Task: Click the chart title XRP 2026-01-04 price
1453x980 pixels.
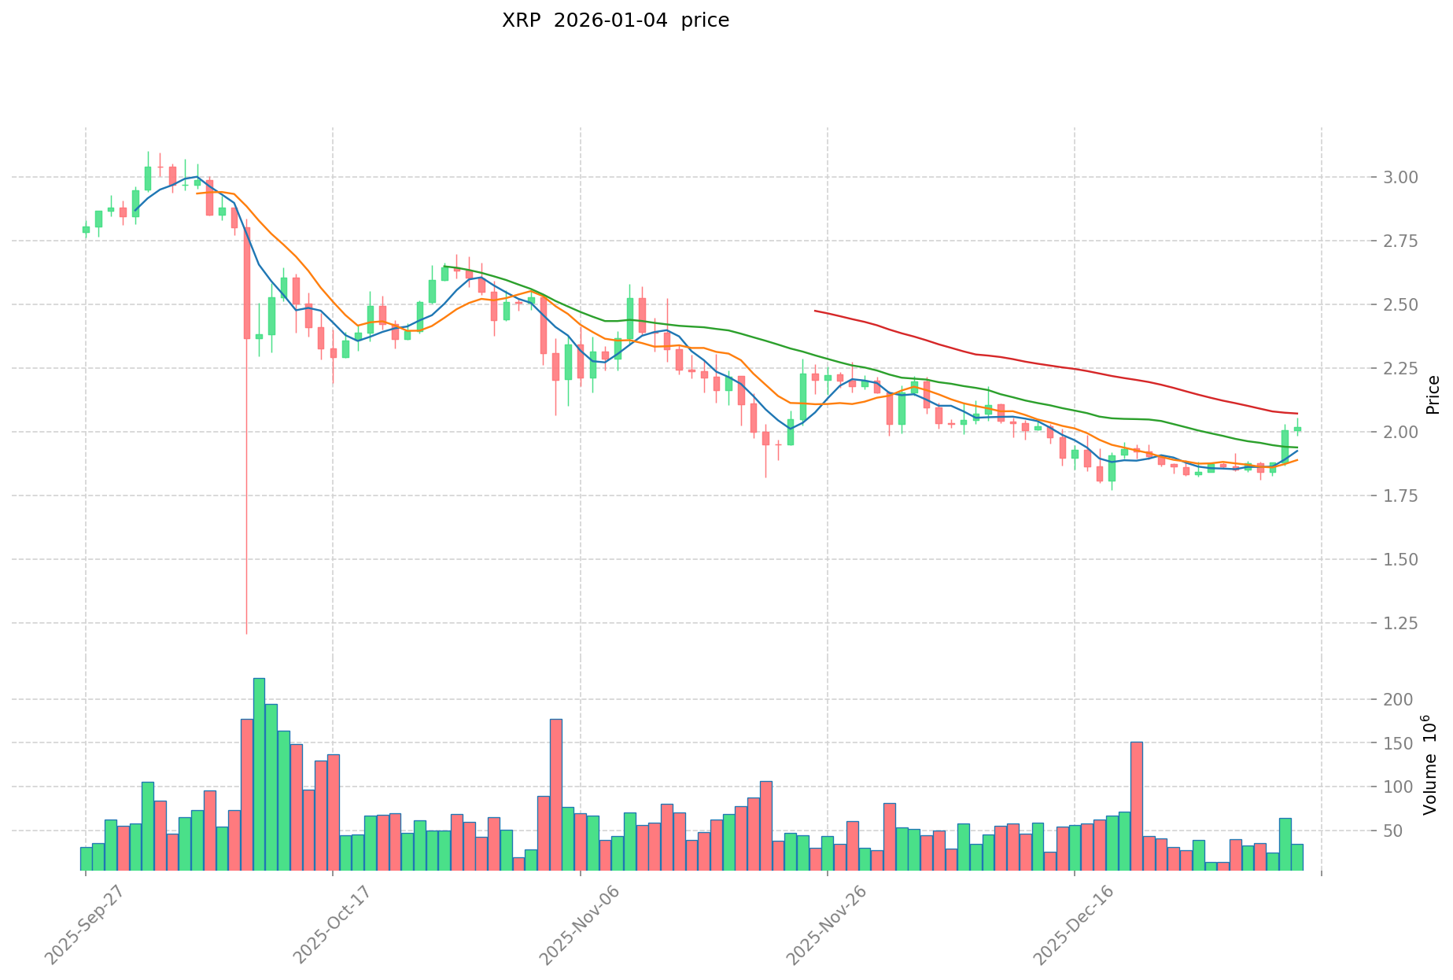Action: (x=615, y=20)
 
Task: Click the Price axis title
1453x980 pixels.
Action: (x=1433, y=394)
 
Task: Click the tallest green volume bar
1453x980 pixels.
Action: (x=259, y=774)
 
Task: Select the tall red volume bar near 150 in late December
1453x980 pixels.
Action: (x=1136, y=806)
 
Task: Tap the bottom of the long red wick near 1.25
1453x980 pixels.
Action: (x=246, y=632)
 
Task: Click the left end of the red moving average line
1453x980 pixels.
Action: (x=815, y=311)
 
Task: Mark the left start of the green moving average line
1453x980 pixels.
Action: (x=444, y=266)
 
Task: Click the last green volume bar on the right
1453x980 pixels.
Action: (x=1297, y=857)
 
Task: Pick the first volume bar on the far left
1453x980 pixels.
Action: (x=86, y=859)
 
